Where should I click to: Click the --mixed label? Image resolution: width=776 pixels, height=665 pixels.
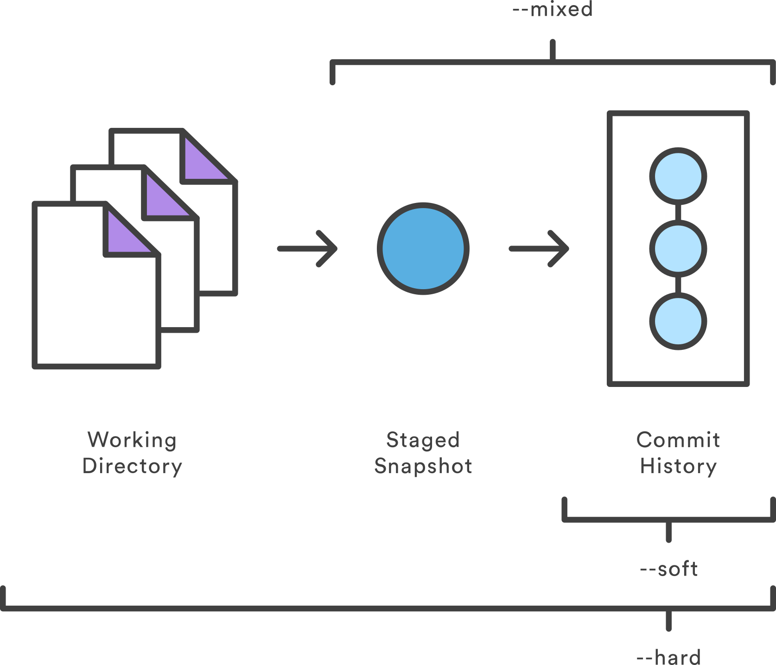pyautogui.click(x=553, y=9)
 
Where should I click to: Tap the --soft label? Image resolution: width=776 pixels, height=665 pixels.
pyautogui.click(x=668, y=569)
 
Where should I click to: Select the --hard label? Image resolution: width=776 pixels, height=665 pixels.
pyautogui.click(x=668, y=657)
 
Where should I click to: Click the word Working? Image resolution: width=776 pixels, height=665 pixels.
pyautogui.click(x=132, y=440)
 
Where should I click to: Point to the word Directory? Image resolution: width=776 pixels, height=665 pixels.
pyautogui.click(x=132, y=466)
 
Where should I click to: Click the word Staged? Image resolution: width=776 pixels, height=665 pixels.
pyautogui.click(x=423, y=440)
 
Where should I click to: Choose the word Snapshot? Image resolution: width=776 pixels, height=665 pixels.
pyautogui.click(x=423, y=466)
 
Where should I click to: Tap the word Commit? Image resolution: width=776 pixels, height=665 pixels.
pyautogui.click(x=678, y=440)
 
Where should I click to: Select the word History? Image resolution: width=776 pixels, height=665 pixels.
pyautogui.click(x=678, y=466)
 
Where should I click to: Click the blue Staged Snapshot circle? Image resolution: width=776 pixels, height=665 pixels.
pyautogui.click(x=423, y=248)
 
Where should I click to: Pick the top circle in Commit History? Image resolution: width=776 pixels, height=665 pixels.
pyautogui.click(x=678, y=176)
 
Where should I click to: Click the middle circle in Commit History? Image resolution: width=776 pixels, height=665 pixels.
pyautogui.click(x=678, y=249)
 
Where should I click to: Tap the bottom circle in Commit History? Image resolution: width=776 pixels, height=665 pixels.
pyautogui.click(x=678, y=321)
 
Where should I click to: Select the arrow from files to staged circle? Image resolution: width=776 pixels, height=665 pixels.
pyautogui.click(x=307, y=249)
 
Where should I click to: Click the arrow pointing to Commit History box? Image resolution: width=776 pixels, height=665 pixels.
pyautogui.click(x=539, y=249)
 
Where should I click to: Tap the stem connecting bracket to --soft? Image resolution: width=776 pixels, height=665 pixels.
pyautogui.click(x=668, y=532)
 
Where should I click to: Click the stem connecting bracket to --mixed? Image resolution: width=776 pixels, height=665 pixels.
pyautogui.click(x=553, y=50)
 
